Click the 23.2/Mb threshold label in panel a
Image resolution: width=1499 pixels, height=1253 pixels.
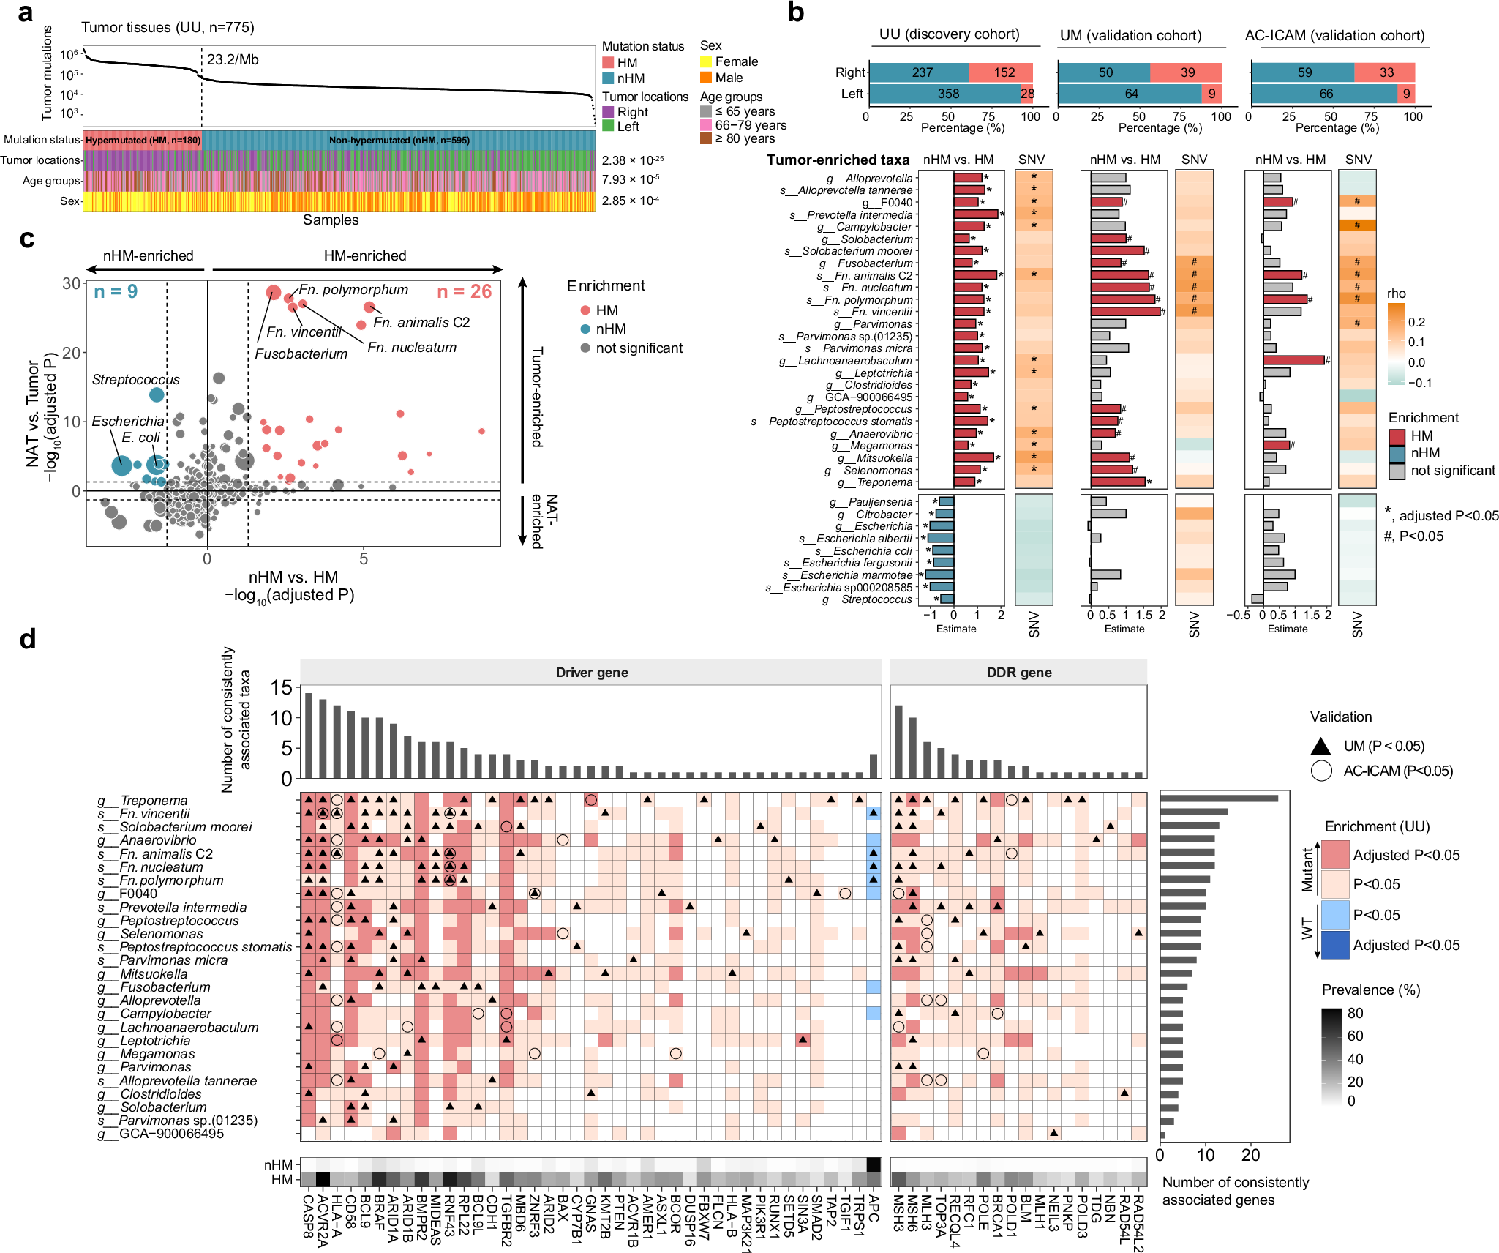coord(233,60)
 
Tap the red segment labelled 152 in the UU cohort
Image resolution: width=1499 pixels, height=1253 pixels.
coord(1004,72)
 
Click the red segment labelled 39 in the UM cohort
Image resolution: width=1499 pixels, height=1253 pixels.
coord(1187,72)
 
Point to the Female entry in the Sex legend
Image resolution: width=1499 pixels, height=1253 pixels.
coord(736,61)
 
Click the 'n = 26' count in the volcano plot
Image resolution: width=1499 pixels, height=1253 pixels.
coord(464,292)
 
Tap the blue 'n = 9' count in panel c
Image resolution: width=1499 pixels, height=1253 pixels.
coord(116,292)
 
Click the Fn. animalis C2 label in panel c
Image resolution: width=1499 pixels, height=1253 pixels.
coord(421,323)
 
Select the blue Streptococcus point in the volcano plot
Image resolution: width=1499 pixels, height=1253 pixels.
coord(157,394)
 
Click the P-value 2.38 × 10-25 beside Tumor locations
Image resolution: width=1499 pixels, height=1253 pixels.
coord(632,160)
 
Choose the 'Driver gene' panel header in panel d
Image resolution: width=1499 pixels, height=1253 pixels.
coord(591,673)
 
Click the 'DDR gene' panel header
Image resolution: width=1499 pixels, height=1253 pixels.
coord(1018,673)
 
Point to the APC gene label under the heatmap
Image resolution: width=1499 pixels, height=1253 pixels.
coord(874,1208)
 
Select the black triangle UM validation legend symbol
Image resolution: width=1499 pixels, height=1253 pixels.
coord(1320,746)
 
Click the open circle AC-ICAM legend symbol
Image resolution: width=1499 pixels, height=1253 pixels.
coord(1320,771)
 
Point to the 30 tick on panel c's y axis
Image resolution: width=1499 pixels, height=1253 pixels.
coord(71,284)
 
